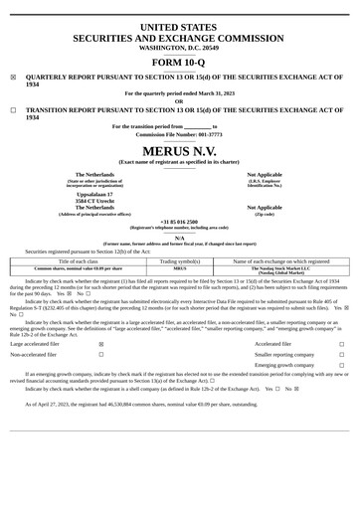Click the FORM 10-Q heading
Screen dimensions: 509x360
click(x=179, y=62)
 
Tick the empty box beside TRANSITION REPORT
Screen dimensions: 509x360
click(x=13, y=111)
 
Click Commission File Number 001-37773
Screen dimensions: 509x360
click(x=179, y=134)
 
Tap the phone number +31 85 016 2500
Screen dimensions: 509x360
click(x=179, y=222)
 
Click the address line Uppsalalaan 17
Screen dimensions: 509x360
click(x=94, y=194)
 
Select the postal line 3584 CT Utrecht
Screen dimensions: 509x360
click(x=94, y=201)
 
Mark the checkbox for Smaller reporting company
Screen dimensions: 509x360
click(x=341, y=354)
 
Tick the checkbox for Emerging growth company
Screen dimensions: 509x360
click(x=341, y=366)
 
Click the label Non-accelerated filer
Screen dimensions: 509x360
click(x=34, y=354)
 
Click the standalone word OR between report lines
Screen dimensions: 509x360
click(x=179, y=100)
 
